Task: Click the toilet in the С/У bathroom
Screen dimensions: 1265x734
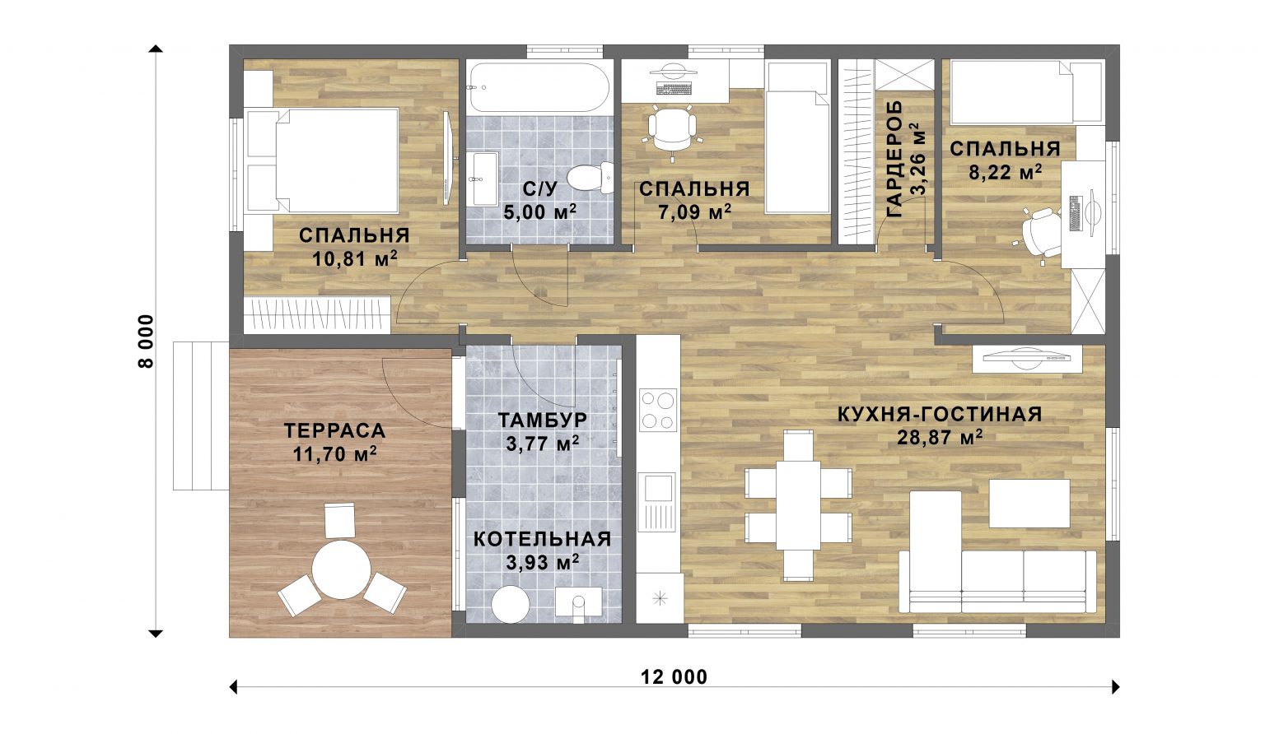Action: [590, 178]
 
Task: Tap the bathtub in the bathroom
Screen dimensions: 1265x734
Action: [540, 87]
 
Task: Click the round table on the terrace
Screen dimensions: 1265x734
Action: [341, 569]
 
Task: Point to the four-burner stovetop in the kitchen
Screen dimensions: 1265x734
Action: [658, 410]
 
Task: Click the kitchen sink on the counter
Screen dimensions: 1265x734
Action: [656, 502]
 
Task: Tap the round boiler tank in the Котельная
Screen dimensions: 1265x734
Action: [511, 604]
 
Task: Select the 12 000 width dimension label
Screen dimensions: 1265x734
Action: [674, 677]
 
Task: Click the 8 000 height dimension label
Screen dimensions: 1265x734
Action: [146, 341]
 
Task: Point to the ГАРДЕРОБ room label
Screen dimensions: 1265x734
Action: [894, 160]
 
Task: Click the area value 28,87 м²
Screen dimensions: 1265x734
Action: [941, 437]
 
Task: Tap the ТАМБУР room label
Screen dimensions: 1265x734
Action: [542, 420]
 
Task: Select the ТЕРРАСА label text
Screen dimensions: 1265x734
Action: [335, 431]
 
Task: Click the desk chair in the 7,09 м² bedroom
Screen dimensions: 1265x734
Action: [672, 130]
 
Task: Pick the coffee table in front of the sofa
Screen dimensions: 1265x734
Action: [1029, 504]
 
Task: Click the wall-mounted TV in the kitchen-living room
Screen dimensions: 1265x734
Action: [1027, 358]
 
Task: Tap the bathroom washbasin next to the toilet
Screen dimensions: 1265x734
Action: [484, 179]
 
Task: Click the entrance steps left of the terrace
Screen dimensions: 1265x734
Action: [200, 416]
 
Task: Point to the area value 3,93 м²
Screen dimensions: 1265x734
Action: [542, 563]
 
